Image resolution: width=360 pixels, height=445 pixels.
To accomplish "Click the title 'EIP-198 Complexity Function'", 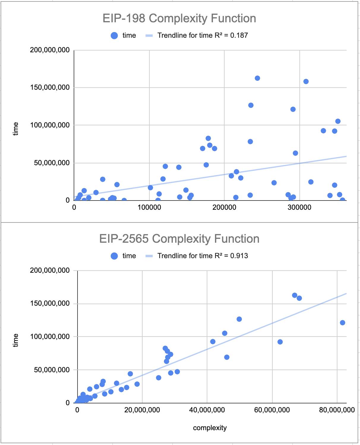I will pos(179,18).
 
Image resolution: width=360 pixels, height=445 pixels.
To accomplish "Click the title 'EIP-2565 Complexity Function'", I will pos(179,239).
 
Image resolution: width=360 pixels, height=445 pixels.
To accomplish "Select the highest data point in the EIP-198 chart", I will pos(257,78).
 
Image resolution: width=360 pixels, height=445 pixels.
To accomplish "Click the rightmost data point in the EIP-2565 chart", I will pos(342,323).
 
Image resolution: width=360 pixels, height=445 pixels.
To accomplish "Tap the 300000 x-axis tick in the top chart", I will pos(299,207).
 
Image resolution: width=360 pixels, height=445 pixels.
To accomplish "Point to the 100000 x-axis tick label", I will pos(149,207).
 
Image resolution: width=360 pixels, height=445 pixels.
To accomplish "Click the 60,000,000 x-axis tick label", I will pos(272,410).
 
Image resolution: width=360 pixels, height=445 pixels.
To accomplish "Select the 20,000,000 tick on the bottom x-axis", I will pos(142,410).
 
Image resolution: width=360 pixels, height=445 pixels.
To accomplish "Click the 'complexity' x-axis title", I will pos(210,428).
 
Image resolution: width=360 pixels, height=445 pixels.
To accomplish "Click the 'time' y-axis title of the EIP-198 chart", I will pos(15,129).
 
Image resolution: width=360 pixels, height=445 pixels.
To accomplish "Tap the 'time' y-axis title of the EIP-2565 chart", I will pos(15,340).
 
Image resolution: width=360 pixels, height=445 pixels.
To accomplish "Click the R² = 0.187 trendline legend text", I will pos(203,35).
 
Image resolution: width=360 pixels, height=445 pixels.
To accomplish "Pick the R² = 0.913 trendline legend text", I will pos(203,256).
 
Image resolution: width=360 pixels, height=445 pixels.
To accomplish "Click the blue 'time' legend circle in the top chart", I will pos(114,36).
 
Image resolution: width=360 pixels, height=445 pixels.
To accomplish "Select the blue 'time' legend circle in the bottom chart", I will pos(114,256).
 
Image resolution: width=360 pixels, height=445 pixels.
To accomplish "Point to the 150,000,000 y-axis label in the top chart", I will pos(50,87).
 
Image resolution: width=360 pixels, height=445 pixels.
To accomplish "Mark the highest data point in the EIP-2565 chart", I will pos(295,295).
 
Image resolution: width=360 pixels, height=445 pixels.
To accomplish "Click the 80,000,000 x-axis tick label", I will pos(337,410).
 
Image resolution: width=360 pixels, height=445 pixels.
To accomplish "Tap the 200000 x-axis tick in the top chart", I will pos(224,207).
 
